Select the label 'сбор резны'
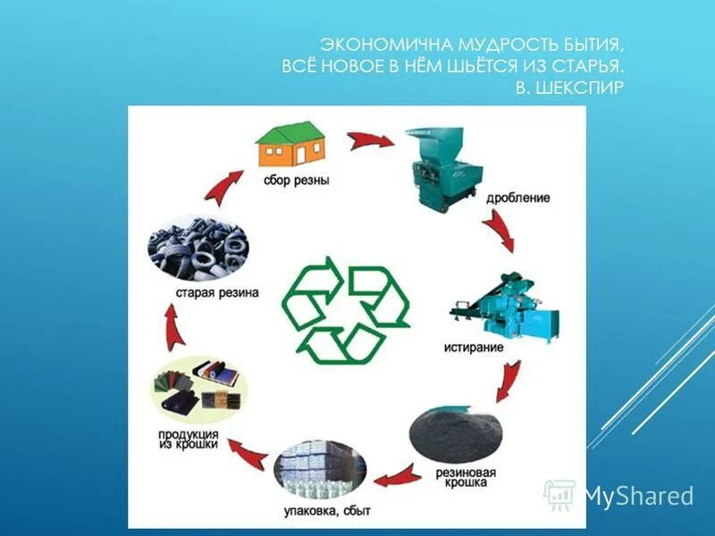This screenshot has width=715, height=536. coord(296,180)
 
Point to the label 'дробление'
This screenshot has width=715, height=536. coord(518,197)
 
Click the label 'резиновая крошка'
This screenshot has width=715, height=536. coord(474,476)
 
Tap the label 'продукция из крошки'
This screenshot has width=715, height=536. coord(189,441)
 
